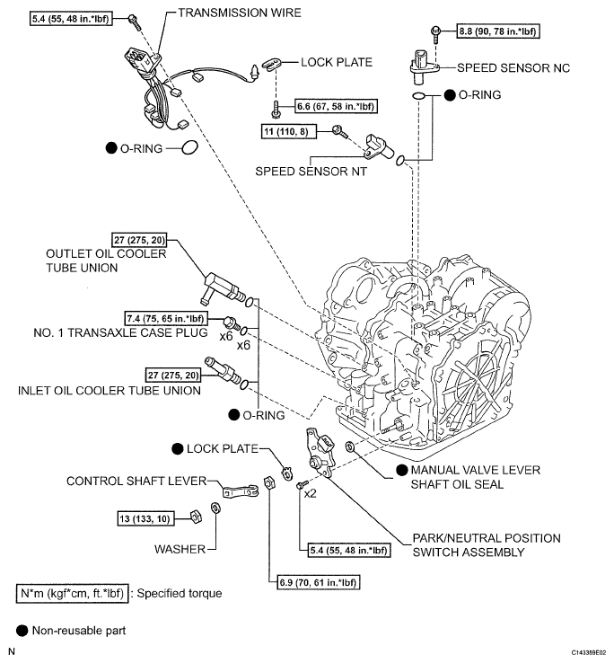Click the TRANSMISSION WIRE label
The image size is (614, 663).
tap(240, 13)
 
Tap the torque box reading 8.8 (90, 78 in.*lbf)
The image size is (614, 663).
tap(498, 31)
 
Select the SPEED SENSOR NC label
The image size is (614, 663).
tap(513, 68)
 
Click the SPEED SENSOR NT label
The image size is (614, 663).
tap(311, 172)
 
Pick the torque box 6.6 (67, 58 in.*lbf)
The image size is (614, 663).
tap(336, 107)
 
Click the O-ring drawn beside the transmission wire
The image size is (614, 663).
tap(189, 147)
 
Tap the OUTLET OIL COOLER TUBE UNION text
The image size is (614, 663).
tap(106, 261)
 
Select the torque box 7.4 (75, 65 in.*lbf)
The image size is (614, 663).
tap(166, 318)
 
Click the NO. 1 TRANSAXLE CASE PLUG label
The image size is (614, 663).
tap(120, 332)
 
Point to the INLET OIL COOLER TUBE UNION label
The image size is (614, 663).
tap(109, 390)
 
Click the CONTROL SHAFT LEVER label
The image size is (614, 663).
tap(136, 482)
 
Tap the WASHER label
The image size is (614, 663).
tap(180, 549)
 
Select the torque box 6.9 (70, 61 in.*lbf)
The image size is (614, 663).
tap(319, 582)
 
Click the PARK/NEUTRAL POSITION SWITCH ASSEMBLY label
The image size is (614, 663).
tap(487, 545)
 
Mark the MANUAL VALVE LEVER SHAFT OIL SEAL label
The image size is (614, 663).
tap(476, 477)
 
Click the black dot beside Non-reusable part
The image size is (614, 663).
tap(22, 631)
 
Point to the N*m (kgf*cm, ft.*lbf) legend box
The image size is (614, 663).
tap(72, 594)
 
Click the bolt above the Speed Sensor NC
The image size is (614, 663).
tap(435, 34)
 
